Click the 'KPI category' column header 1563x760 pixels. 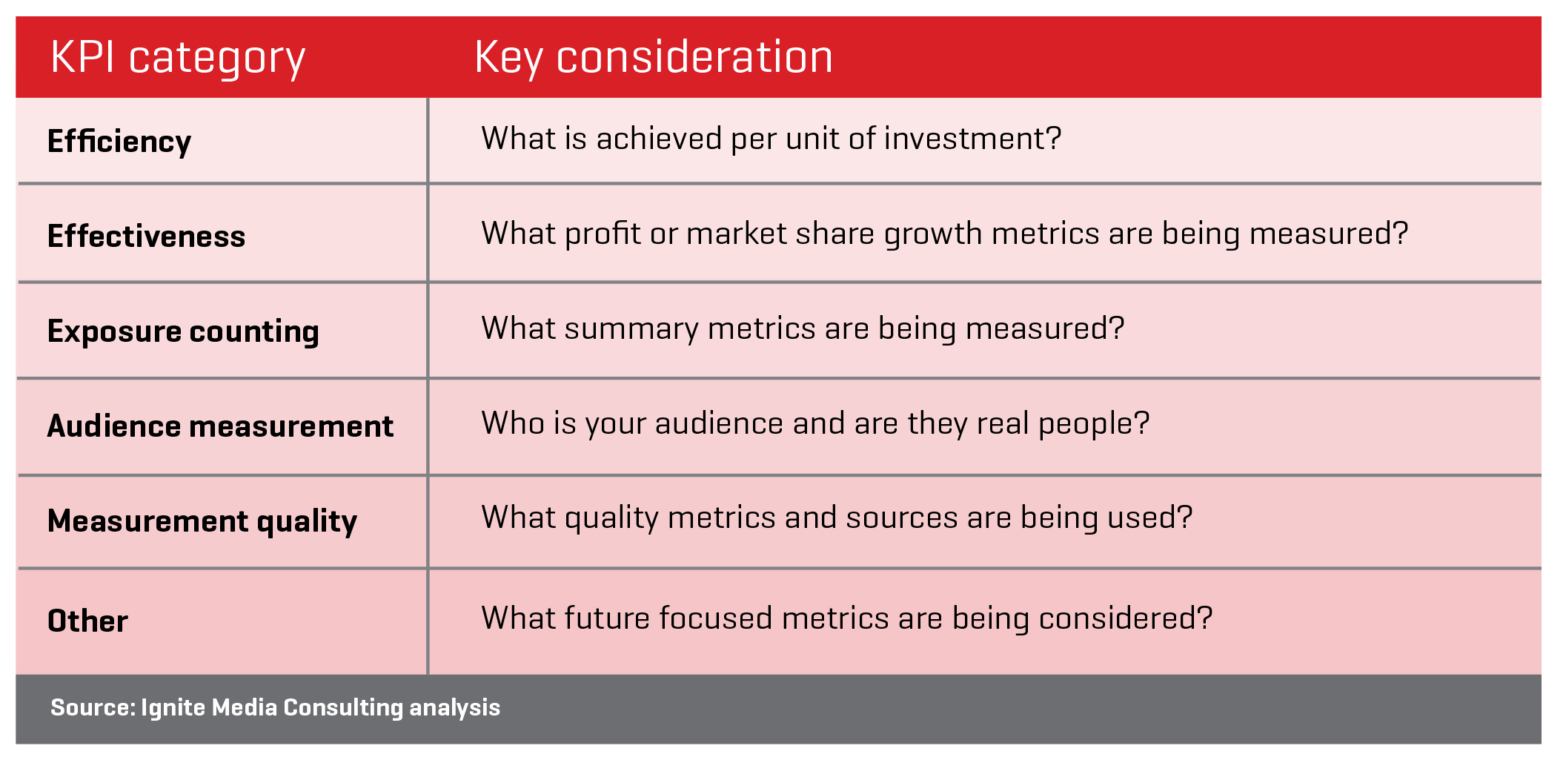178,59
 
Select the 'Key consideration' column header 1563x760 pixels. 654,59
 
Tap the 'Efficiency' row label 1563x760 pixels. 119,142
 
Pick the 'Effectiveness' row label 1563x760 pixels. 146,237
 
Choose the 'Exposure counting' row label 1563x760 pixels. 183,331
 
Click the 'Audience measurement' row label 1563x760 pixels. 220,426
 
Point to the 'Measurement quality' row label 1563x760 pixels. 202,521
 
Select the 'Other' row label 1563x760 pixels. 87,621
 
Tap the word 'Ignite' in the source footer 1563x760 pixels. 173,708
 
